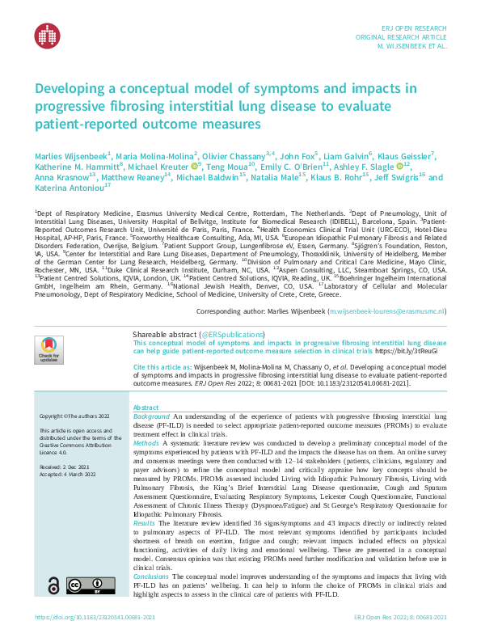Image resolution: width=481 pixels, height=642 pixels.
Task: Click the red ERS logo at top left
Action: click(48, 34)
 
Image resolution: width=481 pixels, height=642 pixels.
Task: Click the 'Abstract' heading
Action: click(146, 408)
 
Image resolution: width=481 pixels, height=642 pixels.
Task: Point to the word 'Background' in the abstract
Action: click(151, 416)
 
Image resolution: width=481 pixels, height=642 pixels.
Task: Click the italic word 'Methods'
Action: click(146, 444)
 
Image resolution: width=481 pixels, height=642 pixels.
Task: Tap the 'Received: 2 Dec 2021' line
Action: click(63, 467)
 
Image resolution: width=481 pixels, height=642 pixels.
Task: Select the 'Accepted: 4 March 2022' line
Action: click(66, 475)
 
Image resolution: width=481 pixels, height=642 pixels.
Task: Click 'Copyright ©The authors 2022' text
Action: click(72, 416)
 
